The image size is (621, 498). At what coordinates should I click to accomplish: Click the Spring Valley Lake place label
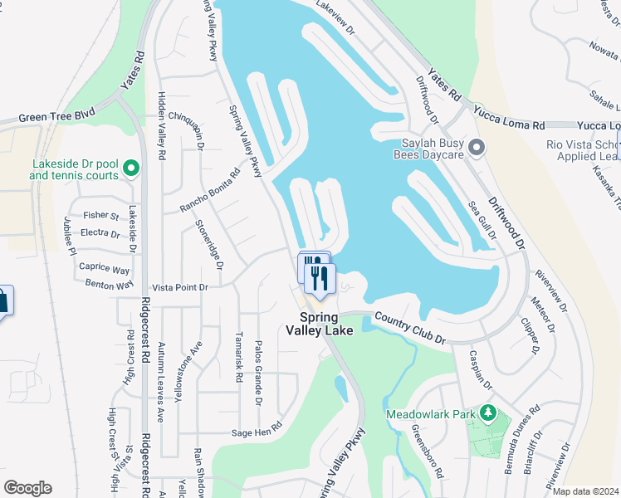319,324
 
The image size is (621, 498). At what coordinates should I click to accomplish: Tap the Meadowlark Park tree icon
490,413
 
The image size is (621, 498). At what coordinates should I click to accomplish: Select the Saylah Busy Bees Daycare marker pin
477,149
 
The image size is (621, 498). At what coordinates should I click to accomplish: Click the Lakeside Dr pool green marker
130,169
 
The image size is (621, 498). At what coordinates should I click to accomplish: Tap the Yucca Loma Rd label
509,117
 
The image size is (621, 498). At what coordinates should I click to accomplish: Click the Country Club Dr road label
410,329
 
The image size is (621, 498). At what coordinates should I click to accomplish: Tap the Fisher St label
101,216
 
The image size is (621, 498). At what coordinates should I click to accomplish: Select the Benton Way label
110,284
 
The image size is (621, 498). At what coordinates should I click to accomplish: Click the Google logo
27,488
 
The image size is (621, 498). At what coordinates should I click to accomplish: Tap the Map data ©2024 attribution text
585,491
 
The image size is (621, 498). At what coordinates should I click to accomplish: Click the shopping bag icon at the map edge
2,300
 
